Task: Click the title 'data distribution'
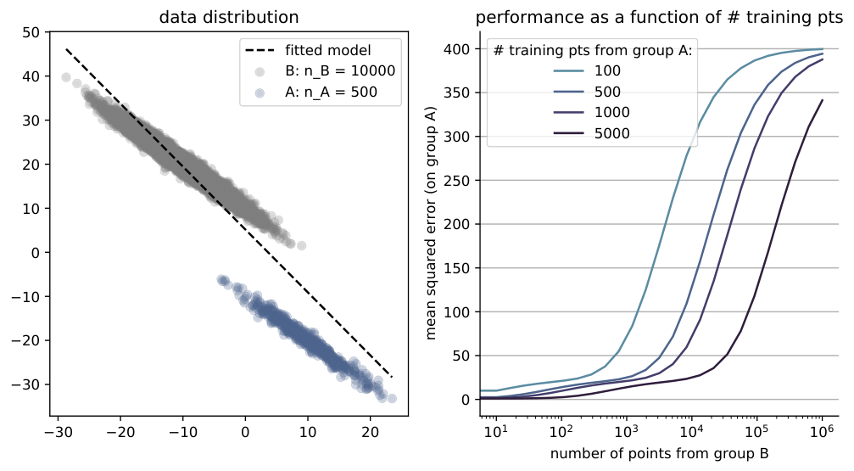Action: click(x=229, y=18)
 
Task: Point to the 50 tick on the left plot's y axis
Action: click(x=31, y=33)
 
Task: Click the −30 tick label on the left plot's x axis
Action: click(x=58, y=433)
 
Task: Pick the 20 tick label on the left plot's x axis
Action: click(x=371, y=433)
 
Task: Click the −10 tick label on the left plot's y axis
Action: click(x=26, y=296)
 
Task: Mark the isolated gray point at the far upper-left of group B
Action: click(x=66, y=77)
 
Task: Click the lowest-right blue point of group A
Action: click(x=392, y=399)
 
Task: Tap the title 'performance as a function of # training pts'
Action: click(x=659, y=18)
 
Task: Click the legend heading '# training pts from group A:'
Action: click(x=593, y=51)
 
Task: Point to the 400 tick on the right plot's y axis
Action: click(x=456, y=49)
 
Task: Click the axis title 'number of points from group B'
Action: click(x=659, y=453)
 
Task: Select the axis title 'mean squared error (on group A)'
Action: click(x=431, y=224)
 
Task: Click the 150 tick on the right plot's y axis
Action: click(x=456, y=268)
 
